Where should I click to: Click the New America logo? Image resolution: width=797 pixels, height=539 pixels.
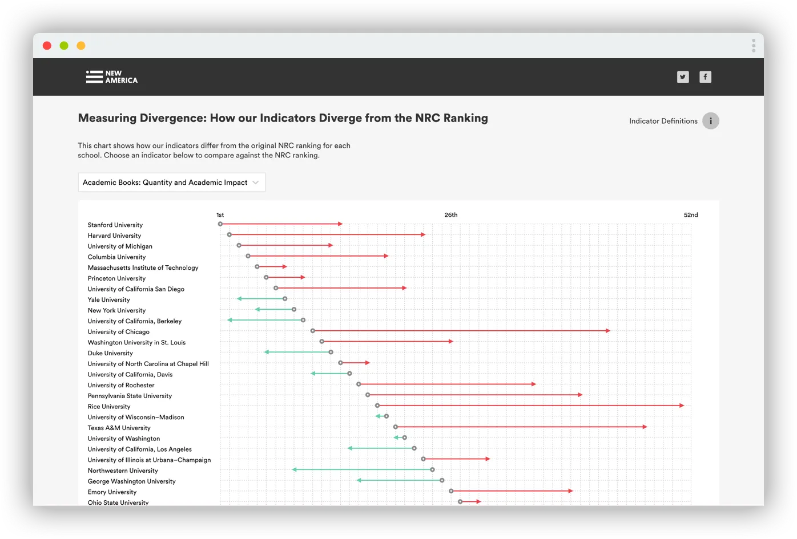tap(112, 77)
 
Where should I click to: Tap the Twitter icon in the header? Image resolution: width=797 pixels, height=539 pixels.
tap(683, 77)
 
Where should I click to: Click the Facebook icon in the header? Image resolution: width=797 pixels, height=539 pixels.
tap(706, 77)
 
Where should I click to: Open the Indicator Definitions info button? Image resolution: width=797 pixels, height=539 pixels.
tap(710, 121)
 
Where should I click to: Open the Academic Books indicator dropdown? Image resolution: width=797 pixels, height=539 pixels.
tap(171, 183)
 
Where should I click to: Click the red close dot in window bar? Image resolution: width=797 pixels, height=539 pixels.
tap(47, 46)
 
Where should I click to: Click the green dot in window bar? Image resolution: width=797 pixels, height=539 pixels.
tap(64, 46)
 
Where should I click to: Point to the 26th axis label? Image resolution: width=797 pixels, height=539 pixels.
tap(450, 215)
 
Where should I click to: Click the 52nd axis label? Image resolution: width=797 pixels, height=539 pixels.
tap(691, 215)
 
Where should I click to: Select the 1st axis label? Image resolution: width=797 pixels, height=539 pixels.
tap(220, 215)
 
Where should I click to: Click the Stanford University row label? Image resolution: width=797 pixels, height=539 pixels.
tap(115, 225)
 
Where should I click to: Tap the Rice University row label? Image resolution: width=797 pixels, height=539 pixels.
tap(109, 407)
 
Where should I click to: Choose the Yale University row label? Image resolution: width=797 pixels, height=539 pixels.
tap(109, 300)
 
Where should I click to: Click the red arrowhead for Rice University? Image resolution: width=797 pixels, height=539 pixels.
tap(682, 406)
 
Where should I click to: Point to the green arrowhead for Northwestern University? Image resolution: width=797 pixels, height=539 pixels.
tap(295, 469)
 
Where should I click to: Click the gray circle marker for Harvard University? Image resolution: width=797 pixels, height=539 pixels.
tap(230, 234)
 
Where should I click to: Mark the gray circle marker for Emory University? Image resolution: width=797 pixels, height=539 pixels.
tap(451, 491)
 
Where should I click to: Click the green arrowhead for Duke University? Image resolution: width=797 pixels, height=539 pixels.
tap(267, 352)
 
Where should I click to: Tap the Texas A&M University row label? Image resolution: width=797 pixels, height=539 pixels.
tap(119, 428)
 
